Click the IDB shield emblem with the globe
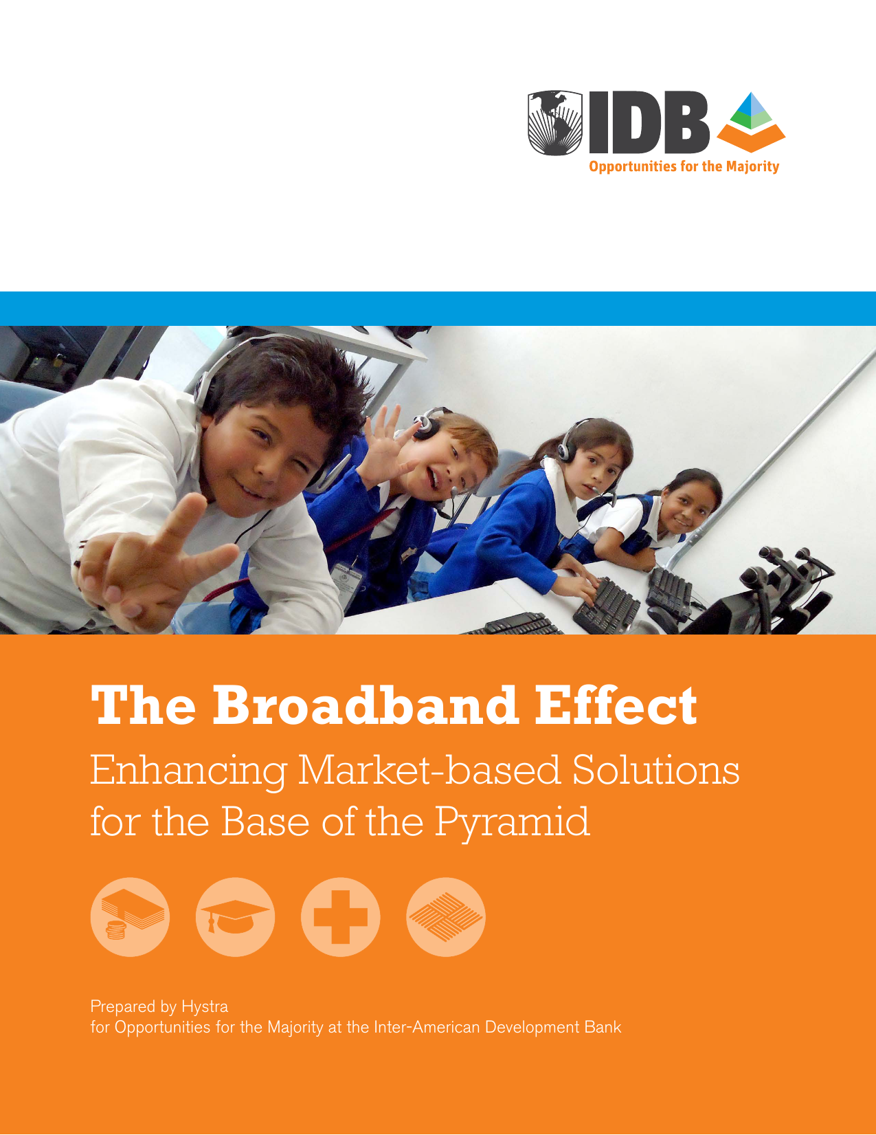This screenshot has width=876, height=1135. tap(555, 123)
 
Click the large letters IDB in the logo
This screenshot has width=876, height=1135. tap(649, 123)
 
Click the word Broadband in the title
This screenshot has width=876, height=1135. tap(366, 705)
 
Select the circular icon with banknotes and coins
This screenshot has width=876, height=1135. tap(130, 917)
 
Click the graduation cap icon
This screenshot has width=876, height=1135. tap(236, 917)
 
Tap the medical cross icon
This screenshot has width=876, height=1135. tap(340, 917)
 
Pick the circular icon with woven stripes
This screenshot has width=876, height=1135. tap(446, 917)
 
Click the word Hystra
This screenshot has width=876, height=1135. tap(205, 1006)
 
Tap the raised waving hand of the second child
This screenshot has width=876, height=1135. tap(385, 444)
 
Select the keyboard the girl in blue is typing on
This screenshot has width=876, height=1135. tap(606, 604)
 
